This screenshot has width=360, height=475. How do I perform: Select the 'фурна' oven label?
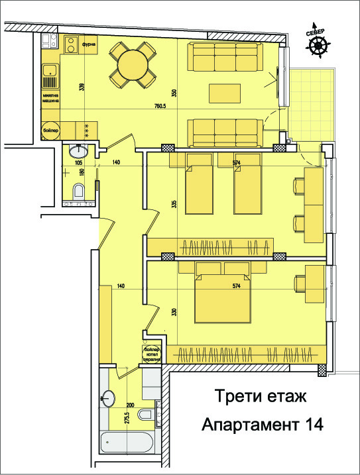pyautogui.click(x=90, y=45)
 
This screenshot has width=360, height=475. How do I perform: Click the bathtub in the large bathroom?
pyautogui.click(x=129, y=443)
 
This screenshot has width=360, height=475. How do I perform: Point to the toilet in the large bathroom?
pyautogui.click(x=144, y=415)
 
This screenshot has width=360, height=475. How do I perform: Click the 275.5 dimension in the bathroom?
pyautogui.click(x=126, y=418)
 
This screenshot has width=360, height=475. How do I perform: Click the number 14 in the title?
pyautogui.click(x=309, y=425)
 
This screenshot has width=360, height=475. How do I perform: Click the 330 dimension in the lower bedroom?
pyautogui.click(x=174, y=311)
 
